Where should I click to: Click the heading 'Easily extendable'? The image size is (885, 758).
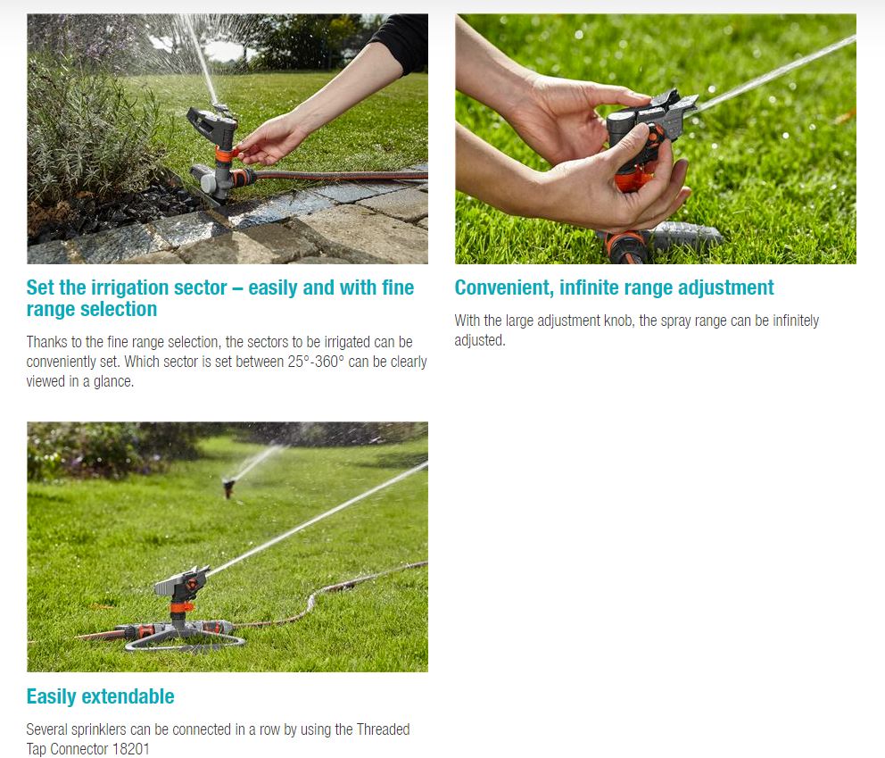(101, 696)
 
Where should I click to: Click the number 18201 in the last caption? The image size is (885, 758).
(131, 749)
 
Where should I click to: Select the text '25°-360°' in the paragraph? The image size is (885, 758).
(316, 362)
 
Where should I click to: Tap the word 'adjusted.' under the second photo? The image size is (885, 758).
(480, 340)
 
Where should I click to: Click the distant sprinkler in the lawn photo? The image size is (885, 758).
(228, 487)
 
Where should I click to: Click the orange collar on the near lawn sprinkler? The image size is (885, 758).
(182, 608)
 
